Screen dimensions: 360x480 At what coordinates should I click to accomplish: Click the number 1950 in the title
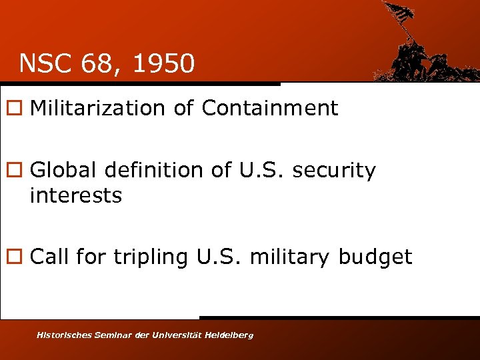[x=164, y=64]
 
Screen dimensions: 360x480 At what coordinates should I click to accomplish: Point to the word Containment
[x=270, y=108]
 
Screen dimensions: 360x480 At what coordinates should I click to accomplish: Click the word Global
[x=60, y=171]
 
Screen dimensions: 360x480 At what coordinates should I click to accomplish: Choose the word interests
[x=76, y=196]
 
